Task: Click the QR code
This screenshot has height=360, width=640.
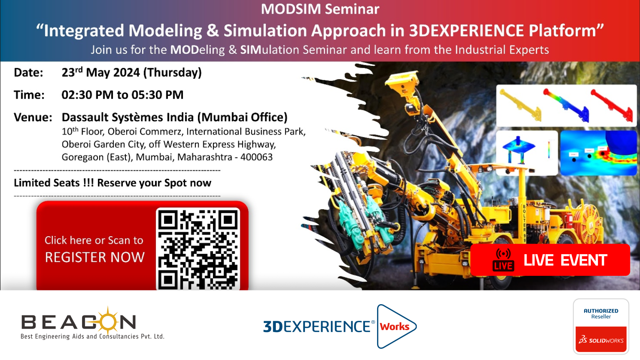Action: pyautogui.click(x=198, y=250)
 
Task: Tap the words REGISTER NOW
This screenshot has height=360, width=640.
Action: pyautogui.click(x=95, y=257)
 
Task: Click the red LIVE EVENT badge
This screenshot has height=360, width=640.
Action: pyautogui.click(x=550, y=260)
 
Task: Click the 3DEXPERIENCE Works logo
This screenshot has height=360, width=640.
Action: pyautogui.click(x=340, y=326)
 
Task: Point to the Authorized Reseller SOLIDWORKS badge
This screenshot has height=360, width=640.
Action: pyautogui.click(x=601, y=326)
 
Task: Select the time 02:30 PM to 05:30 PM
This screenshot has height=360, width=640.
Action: pyautogui.click(x=122, y=95)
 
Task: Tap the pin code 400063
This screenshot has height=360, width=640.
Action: pyautogui.click(x=256, y=157)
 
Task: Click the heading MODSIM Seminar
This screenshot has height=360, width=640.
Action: pyautogui.click(x=320, y=9)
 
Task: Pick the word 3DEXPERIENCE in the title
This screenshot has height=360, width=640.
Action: pyautogui.click(x=466, y=30)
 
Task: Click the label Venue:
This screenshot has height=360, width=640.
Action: pyautogui.click(x=33, y=117)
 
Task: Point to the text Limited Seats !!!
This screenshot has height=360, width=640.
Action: pyautogui.click(x=54, y=183)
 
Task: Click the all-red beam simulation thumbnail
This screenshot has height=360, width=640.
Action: pyautogui.click(x=611, y=105)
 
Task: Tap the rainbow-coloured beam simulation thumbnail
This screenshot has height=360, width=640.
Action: pyautogui.click(x=566, y=105)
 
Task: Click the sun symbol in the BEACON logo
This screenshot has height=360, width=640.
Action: pyautogui.click(x=108, y=320)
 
